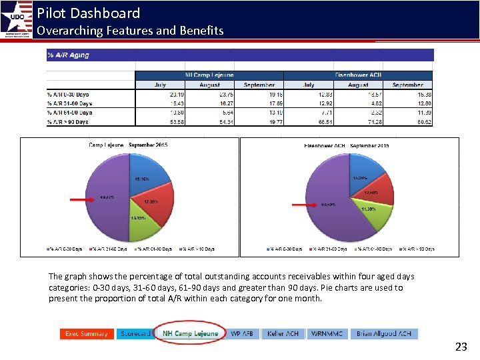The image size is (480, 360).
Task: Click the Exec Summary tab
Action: pos(87,333)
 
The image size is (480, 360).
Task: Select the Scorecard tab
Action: pos(135,333)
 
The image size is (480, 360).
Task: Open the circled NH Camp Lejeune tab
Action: pos(190,333)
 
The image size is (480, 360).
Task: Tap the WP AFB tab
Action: pos(243,333)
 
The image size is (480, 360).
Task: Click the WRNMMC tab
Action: pos(327,333)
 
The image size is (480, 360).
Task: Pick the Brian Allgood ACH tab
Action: pos(383,333)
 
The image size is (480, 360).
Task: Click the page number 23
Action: pos(461,347)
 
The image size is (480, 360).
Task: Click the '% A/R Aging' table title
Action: pos(68,55)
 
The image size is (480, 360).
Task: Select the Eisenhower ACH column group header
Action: pos(357,75)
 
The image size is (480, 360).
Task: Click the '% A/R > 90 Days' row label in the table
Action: pos(69,122)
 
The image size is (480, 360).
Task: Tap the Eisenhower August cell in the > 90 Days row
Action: pos(357,122)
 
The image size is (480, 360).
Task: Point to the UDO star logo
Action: pos(15,19)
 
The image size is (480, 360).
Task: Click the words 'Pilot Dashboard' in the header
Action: pos(88,13)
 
